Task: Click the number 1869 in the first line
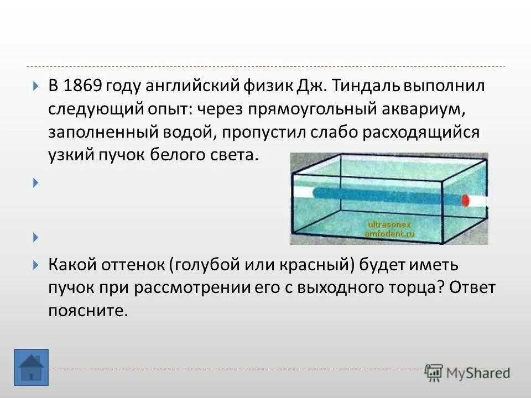click(82, 86)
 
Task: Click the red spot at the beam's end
click(465, 200)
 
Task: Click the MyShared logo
click(467, 372)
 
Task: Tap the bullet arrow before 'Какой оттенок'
click(36, 265)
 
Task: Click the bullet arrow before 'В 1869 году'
click(36, 87)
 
